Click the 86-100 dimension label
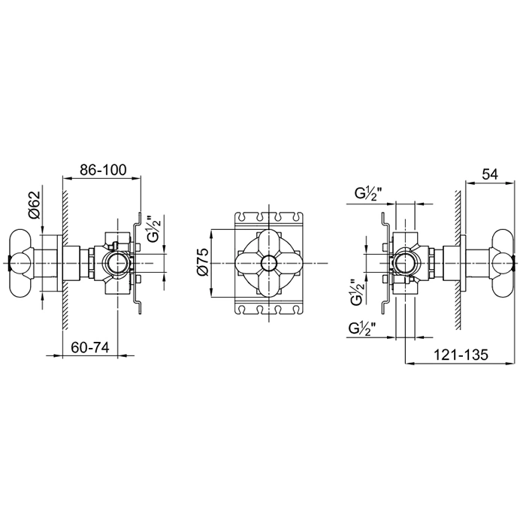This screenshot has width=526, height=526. (x=103, y=170)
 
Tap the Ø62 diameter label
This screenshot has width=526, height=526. (x=35, y=204)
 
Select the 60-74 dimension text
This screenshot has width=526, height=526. (x=90, y=347)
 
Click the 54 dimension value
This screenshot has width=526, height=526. (x=490, y=174)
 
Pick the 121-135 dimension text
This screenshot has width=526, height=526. (x=461, y=355)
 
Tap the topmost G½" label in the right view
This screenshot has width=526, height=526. (x=368, y=194)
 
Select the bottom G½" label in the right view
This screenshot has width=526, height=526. (x=362, y=328)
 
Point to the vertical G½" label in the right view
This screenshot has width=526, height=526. (x=358, y=292)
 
